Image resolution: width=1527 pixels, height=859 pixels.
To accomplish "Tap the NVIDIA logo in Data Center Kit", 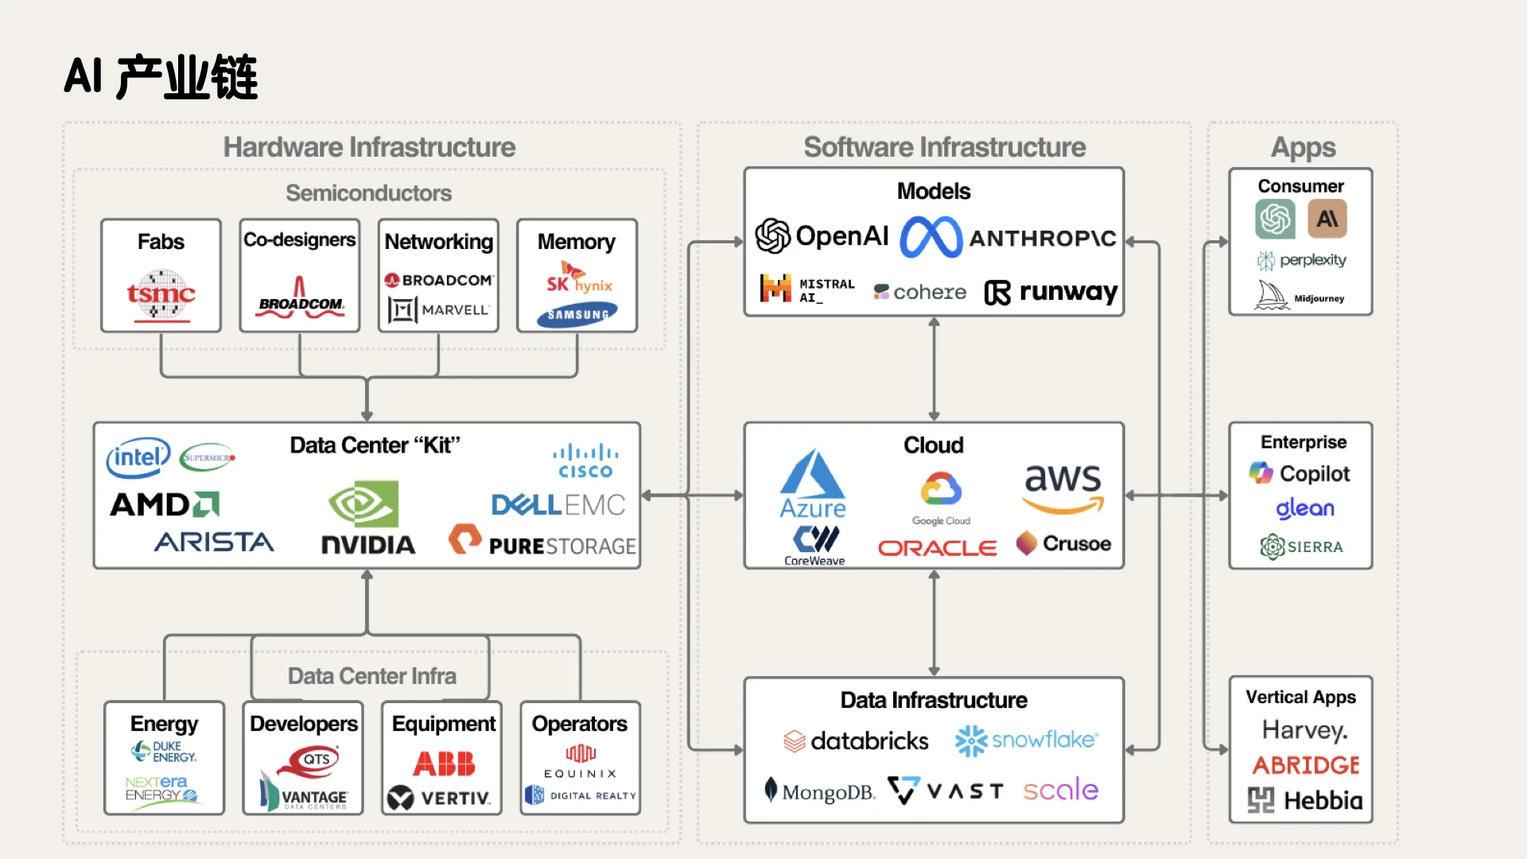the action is (x=367, y=517).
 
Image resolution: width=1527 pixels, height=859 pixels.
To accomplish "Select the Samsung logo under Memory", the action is (x=577, y=315).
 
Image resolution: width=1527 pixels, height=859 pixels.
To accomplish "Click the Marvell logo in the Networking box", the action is (x=438, y=309).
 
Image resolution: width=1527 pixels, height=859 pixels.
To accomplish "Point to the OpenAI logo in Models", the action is (x=822, y=235).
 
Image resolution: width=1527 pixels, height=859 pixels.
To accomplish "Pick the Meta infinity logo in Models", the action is (x=931, y=237).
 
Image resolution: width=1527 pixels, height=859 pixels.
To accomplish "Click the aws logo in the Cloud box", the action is (x=1063, y=488).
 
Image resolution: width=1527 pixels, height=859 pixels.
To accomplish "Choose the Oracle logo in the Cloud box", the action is (x=937, y=548).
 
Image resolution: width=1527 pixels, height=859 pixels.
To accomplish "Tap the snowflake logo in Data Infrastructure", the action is (x=1026, y=740).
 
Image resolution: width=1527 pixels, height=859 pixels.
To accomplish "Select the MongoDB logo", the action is (x=819, y=791).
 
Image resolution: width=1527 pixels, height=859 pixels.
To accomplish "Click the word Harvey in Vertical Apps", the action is (x=1304, y=730).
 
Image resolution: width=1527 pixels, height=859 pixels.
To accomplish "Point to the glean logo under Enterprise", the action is (x=1305, y=509).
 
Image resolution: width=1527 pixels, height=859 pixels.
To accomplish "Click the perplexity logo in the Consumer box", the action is (x=1301, y=260).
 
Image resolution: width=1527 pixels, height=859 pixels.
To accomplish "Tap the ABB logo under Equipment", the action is (x=444, y=764).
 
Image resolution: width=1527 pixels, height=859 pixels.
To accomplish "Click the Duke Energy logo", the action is (x=164, y=752).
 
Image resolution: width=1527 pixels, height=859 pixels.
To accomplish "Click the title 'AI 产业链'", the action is (x=161, y=77).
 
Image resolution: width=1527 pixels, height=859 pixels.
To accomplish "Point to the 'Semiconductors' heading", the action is (x=368, y=193).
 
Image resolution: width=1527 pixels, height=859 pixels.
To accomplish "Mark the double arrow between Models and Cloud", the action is (x=934, y=369).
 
